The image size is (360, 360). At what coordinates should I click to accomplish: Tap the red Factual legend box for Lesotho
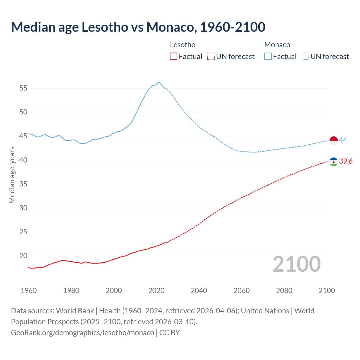tap(174, 56)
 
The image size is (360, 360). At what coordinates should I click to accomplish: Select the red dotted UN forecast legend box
tap(211, 56)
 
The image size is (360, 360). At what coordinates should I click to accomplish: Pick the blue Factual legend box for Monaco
tap(268, 56)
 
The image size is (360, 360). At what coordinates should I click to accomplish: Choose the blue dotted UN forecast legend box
tap(305, 56)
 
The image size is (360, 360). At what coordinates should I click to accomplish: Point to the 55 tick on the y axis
tap(23, 88)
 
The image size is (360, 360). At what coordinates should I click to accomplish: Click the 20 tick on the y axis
tap(23, 256)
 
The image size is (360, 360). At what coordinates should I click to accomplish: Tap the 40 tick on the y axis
tap(23, 160)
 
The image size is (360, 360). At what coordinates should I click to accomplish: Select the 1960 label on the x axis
tap(29, 291)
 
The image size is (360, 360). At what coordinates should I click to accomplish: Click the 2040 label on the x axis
tap(199, 291)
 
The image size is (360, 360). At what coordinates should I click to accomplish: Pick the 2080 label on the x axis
tap(284, 291)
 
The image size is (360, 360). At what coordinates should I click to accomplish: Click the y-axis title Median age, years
tap(12, 175)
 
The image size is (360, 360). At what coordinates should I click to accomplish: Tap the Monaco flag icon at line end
tap(334, 140)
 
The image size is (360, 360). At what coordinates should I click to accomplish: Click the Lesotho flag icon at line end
tap(334, 161)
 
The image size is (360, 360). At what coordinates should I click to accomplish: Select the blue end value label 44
tap(343, 140)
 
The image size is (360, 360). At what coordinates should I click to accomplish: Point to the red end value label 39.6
tap(346, 161)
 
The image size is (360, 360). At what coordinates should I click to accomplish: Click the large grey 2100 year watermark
tap(297, 264)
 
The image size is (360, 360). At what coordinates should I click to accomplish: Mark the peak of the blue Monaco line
tap(158, 82)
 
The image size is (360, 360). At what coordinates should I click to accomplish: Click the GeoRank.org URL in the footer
tap(82, 332)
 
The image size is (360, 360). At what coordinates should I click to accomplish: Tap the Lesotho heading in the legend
tap(183, 45)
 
